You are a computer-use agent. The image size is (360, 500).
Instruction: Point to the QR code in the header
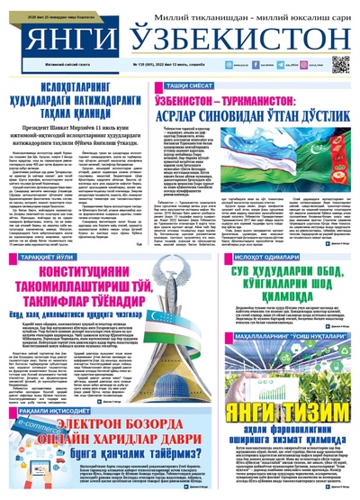(339, 64)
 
